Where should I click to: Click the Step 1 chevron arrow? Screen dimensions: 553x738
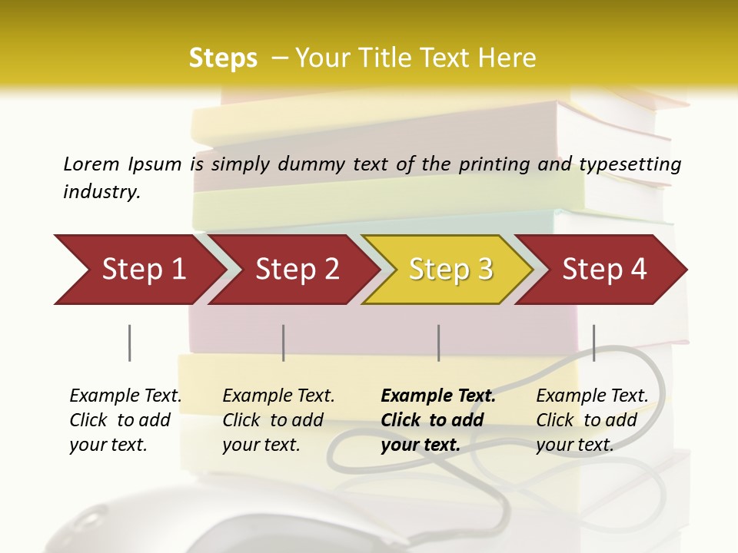138,270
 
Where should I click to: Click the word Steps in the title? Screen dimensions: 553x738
223,58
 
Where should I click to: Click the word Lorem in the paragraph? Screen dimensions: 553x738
91,164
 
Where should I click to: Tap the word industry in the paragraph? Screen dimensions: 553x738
101,191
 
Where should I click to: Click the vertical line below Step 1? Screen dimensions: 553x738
129,343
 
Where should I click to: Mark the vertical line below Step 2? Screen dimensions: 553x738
284,343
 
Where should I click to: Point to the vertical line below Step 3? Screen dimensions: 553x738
438,343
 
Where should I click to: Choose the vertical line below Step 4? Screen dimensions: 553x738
593,343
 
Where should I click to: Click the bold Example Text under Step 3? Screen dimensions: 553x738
438,396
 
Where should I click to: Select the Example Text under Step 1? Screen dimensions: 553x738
125,396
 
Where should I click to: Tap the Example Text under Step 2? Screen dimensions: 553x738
278,396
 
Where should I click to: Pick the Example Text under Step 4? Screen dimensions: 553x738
592,396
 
